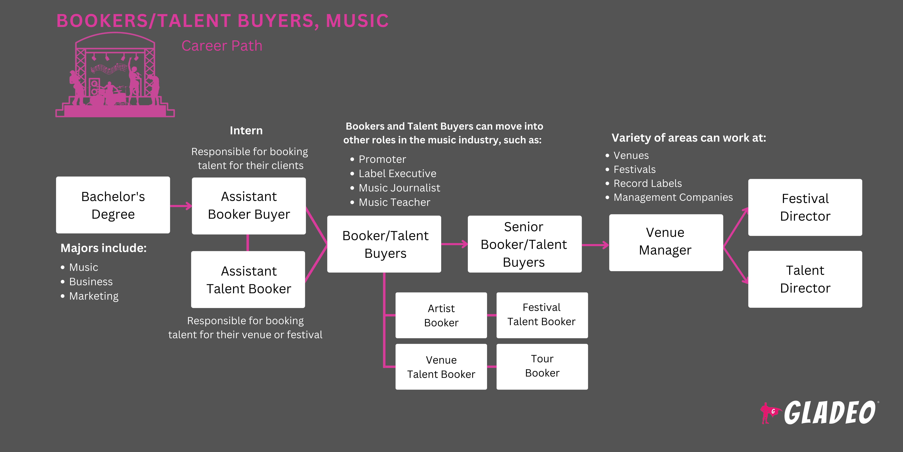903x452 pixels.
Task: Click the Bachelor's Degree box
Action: pyautogui.click(x=113, y=205)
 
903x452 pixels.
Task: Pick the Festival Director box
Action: pyautogui.click(x=805, y=207)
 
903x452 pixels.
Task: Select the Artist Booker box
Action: pyautogui.click(x=441, y=315)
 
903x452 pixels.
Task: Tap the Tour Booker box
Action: pyautogui.click(x=542, y=366)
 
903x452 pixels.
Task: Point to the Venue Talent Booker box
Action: pyautogui.click(x=441, y=367)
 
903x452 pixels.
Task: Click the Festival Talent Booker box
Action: pyautogui.click(x=542, y=315)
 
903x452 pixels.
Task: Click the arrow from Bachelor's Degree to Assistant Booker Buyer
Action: pyautogui.click(x=181, y=206)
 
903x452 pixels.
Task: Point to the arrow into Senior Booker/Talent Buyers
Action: pyautogui.click(x=454, y=244)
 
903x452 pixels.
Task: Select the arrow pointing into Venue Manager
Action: pyautogui.click(x=595, y=245)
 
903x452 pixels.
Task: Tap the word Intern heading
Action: pyautogui.click(x=246, y=131)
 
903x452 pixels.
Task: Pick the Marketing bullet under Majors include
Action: pyautogui.click(x=94, y=296)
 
